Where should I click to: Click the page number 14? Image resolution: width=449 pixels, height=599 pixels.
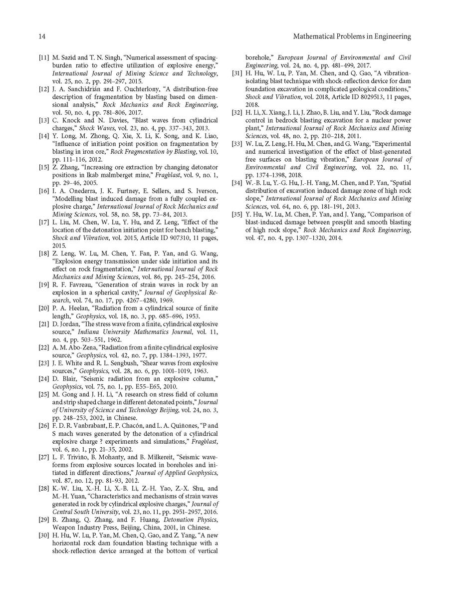42,36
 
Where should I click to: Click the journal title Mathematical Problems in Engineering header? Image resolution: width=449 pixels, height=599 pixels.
352,36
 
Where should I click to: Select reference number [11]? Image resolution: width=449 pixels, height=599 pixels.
44,58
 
